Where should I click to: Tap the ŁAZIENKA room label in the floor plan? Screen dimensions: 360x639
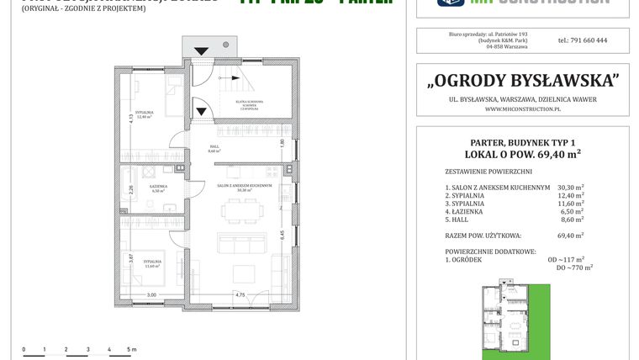157,187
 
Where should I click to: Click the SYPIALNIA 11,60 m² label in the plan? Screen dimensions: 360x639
152,263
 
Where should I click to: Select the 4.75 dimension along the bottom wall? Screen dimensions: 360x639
240,294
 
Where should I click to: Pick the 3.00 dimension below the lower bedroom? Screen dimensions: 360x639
151,294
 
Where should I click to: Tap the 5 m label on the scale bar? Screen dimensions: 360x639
131,348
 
